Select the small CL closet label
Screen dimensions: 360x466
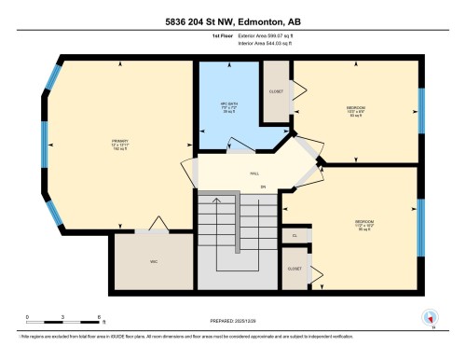[x=294, y=238]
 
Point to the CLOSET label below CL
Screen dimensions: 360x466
[x=295, y=268]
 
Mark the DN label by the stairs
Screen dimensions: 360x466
[x=263, y=187]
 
